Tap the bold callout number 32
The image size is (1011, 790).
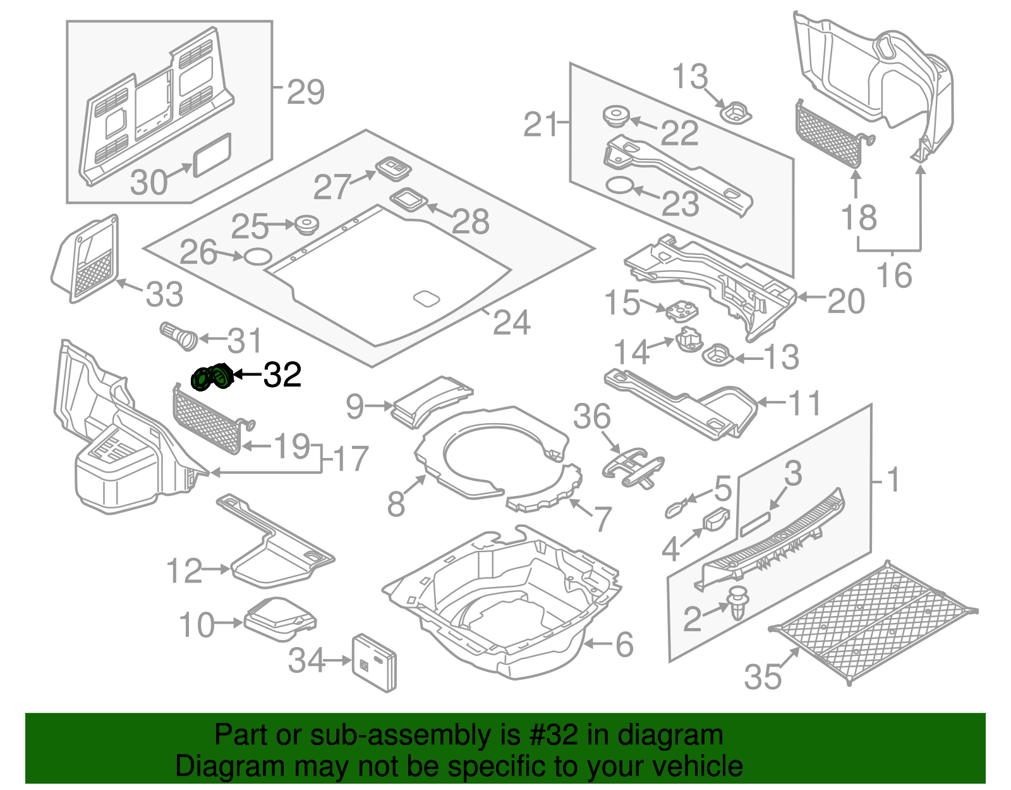[282, 375]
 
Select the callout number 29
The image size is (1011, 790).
[306, 92]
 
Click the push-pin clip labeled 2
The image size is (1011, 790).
[737, 603]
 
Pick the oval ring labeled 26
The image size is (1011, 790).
[258, 256]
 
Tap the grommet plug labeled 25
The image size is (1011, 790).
[306, 225]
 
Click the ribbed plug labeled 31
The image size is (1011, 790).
[179, 335]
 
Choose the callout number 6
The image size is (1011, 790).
[624, 645]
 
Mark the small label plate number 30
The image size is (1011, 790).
[212, 154]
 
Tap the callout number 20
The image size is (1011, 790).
[845, 301]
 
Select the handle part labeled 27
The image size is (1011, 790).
[393, 168]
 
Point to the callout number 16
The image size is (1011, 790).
[894, 275]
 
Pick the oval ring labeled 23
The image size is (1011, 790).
[619, 186]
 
